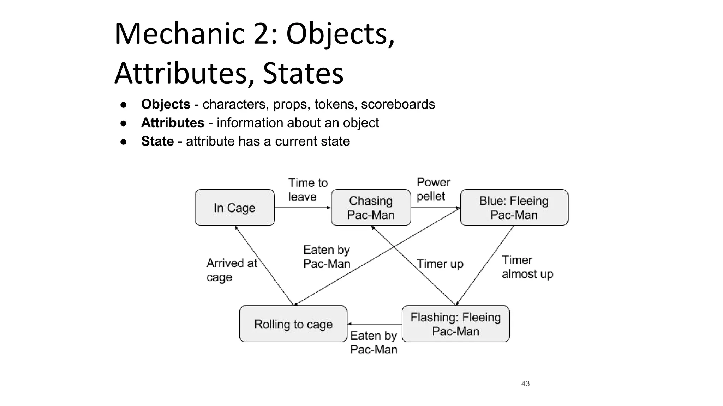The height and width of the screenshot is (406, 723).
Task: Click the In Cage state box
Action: coord(234,208)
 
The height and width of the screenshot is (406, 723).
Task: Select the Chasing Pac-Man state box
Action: coord(371,208)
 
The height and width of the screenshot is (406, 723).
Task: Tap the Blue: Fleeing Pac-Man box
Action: coord(514,208)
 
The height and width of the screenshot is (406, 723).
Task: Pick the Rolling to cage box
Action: coord(293,324)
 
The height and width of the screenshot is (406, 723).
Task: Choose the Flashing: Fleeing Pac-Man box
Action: coord(455,324)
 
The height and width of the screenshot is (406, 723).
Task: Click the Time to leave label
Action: coord(308,190)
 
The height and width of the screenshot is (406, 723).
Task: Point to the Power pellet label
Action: coord(433,189)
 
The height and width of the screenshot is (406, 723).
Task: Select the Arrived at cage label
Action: coord(232,270)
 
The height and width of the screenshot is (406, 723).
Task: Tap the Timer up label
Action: coord(440,264)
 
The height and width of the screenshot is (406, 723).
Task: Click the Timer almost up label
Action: coord(527,267)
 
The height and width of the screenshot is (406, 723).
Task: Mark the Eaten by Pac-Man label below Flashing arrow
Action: coord(374,342)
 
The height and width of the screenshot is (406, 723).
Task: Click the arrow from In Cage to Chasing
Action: coord(303,208)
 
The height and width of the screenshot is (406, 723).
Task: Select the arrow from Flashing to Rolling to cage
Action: coord(375,324)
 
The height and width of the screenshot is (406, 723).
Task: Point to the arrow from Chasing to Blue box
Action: coord(436,208)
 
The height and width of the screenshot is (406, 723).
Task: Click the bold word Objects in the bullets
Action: coord(166,104)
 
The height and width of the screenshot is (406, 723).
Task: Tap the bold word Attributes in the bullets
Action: coord(173,123)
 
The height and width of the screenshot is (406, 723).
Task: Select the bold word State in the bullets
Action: coord(157,141)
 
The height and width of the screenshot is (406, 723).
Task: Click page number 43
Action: coord(525,383)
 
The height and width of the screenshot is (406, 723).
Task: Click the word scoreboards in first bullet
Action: coord(398,104)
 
